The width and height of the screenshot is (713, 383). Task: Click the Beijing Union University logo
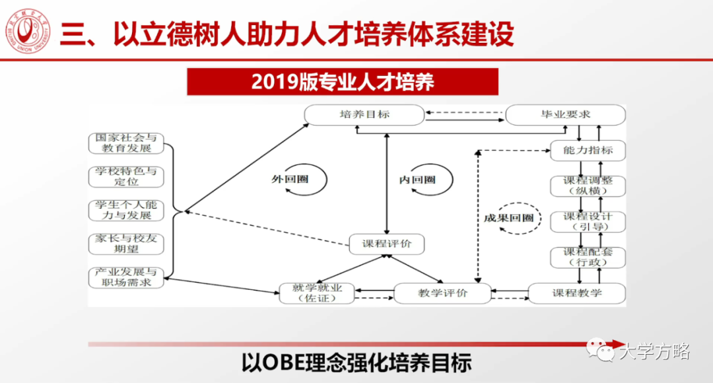click(x=27, y=32)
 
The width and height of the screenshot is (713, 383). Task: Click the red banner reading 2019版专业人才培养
click(x=342, y=82)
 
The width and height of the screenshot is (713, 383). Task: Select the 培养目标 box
click(x=364, y=115)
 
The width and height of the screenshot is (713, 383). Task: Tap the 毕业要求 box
click(x=565, y=115)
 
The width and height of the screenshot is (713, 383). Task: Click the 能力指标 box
click(x=588, y=151)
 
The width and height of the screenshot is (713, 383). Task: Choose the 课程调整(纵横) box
click(x=588, y=186)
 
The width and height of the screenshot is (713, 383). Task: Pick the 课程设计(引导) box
click(x=588, y=221)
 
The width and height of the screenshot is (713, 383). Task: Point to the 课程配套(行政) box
click(x=588, y=257)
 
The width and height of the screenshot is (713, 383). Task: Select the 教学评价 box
click(x=442, y=293)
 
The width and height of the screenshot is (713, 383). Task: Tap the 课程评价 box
click(x=386, y=244)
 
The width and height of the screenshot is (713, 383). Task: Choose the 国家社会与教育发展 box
click(x=125, y=143)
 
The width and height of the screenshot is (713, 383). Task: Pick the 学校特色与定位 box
click(x=125, y=176)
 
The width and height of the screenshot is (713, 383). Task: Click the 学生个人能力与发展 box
click(x=125, y=210)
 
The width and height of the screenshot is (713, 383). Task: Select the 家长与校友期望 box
click(x=125, y=244)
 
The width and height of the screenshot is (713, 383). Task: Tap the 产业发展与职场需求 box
click(x=125, y=277)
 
